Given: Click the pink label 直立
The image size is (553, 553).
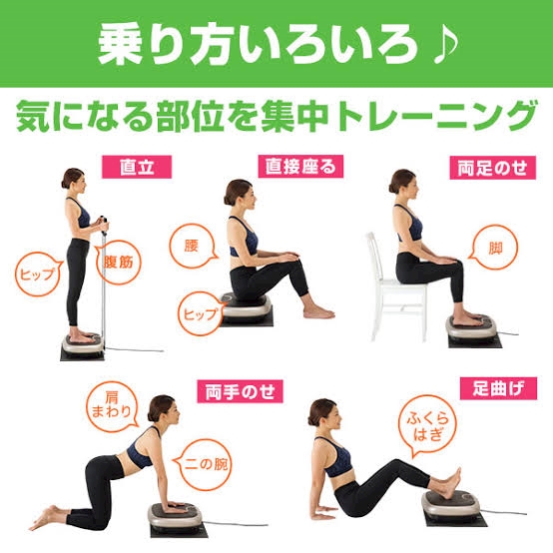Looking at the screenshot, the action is pyautogui.click(x=137, y=167).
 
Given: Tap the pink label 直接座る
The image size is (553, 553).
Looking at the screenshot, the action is pyautogui.click(x=300, y=167).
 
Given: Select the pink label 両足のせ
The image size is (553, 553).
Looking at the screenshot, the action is pyautogui.click(x=492, y=168).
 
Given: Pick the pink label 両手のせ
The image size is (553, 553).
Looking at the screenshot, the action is pyautogui.click(x=240, y=391).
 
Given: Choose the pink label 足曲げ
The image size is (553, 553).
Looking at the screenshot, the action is pyautogui.click(x=498, y=388).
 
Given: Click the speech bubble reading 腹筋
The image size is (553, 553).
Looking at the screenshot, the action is pyautogui.click(x=119, y=263).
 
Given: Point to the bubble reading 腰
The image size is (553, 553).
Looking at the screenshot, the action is pyautogui.click(x=193, y=247).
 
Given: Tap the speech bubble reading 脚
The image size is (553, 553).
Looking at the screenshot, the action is pyautogui.click(x=494, y=248).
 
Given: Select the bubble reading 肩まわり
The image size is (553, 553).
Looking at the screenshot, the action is pyautogui.click(x=111, y=406).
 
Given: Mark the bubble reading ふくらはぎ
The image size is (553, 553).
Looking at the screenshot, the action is pyautogui.click(x=427, y=425).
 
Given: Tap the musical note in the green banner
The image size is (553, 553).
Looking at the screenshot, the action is pyautogui.click(x=446, y=44).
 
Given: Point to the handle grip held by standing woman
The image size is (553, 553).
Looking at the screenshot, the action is pyautogui.click(x=104, y=226).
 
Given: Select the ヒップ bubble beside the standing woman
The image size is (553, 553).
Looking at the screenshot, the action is pyautogui.click(x=37, y=275).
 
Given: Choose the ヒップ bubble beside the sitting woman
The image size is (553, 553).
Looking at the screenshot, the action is pyautogui.click(x=201, y=313).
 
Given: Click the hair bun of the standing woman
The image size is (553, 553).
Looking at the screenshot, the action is pyautogui.click(x=64, y=183).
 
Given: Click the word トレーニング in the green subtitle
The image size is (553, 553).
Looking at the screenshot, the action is pyautogui.click(x=437, y=116).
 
